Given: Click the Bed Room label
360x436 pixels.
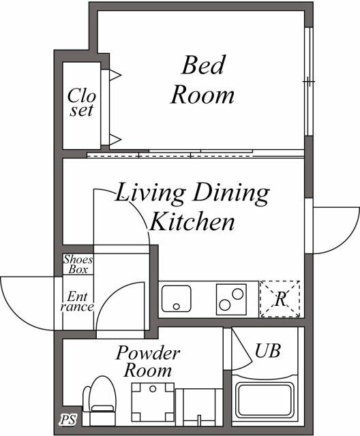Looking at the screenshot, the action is click(x=202, y=80).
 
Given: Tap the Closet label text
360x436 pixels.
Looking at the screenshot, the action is click(x=82, y=102).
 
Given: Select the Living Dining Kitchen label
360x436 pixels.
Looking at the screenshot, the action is click(x=192, y=206).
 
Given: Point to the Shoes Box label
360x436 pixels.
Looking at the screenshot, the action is click(x=78, y=264).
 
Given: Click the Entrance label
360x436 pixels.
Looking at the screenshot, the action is click(x=77, y=301).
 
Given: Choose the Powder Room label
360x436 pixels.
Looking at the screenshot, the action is click(x=148, y=362).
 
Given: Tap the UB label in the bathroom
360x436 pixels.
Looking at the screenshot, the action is click(x=267, y=351).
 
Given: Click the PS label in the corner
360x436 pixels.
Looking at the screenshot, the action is click(x=68, y=420).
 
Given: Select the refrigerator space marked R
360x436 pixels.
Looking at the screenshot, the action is click(x=280, y=299).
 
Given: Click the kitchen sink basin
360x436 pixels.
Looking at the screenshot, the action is click(x=177, y=298).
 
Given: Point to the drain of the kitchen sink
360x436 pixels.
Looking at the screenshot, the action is click(x=176, y=307).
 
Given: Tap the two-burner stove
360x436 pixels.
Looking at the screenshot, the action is click(x=231, y=299).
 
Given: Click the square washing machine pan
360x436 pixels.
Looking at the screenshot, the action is click(x=153, y=402).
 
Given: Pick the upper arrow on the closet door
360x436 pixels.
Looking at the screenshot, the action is click(x=115, y=75).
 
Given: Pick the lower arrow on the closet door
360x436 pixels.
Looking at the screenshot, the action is click(x=115, y=139).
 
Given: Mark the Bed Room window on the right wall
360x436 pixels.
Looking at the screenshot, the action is click(x=309, y=81).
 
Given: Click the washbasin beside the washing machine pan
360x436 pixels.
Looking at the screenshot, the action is click(x=199, y=407).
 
